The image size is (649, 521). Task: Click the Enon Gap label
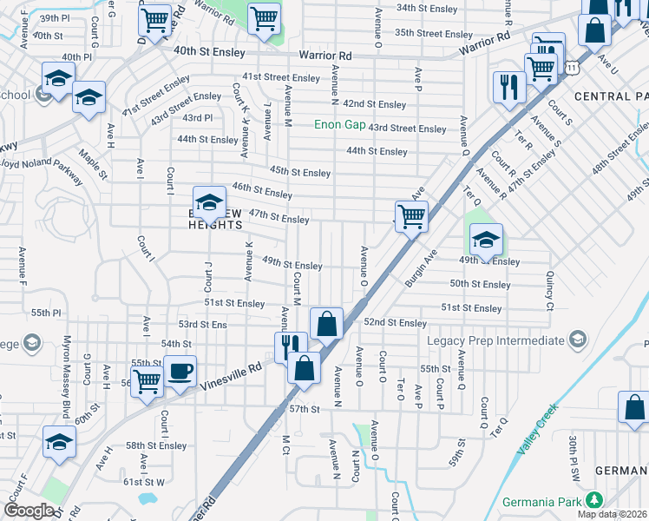pyautogui.click(x=339, y=125)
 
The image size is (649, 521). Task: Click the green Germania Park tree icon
pyautogui.click(x=593, y=500)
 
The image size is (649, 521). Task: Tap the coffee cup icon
pyautogui.click(x=180, y=371)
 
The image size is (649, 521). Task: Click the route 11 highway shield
pyautogui.click(x=570, y=66)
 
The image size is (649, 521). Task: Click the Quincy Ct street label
pyautogui.click(x=549, y=289)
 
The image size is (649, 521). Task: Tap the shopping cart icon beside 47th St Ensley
pyautogui.click(x=410, y=215)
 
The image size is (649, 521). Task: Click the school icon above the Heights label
pyautogui.click(x=208, y=203)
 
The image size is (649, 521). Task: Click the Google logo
pyautogui.click(x=29, y=510)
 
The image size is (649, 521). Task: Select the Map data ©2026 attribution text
pyautogui.click(x=612, y=514)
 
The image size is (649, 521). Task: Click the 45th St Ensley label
pyautogui.click(x=300, y=172)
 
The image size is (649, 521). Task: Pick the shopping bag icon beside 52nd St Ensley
pyautogui.click(x=326, y=324)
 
